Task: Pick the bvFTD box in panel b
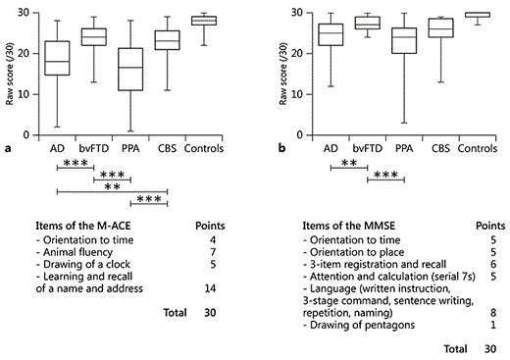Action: (367, 24)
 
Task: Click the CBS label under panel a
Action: (167, 149)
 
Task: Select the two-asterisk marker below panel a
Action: (112, 186)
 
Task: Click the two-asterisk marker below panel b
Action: (348, 163)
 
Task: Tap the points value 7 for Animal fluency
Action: (213, 251)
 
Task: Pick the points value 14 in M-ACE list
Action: (211, 288)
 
